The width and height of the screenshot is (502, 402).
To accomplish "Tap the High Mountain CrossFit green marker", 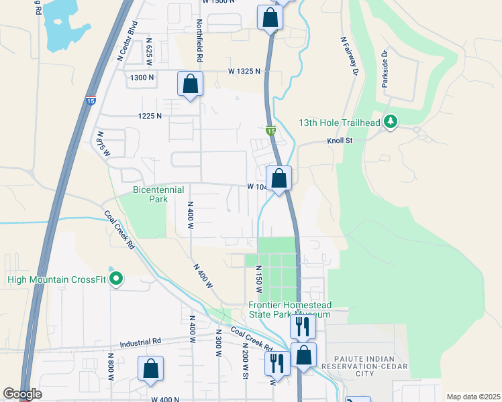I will (116, 277).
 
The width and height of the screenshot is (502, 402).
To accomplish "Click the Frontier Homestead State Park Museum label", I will (289, 309).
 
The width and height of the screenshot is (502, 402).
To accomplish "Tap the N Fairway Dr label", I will (348, 56).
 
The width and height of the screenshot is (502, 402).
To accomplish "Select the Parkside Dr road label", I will (385, 66).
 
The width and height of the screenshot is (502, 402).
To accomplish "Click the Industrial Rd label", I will (141, 342).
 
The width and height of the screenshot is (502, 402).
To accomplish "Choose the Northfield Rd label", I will (199, 35).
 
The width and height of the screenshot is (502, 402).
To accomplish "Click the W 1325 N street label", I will (244, 71).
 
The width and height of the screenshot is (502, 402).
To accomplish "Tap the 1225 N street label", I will (150, 116).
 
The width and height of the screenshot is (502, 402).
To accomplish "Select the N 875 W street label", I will (102, 141).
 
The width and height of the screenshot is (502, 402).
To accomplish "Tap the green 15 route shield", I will (270, 131).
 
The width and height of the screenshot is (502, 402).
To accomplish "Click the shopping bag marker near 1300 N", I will (191, 84).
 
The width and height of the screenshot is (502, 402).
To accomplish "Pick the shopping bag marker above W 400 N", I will (150, 368).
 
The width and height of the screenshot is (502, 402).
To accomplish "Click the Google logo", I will (22, 394).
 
